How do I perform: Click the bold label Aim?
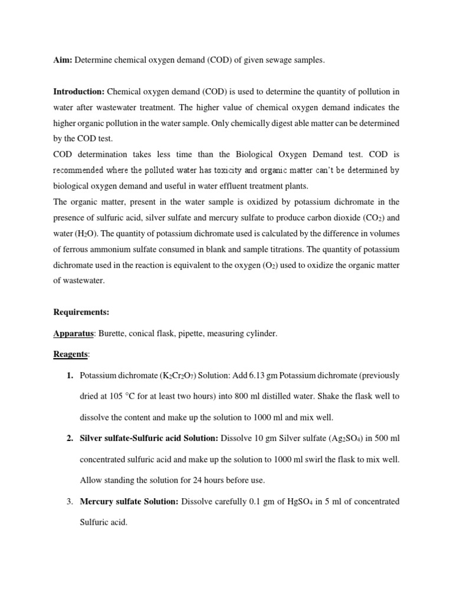(63, 61)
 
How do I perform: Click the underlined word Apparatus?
(74, 334)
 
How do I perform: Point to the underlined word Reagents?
(71, 354)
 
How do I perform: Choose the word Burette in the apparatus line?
(111, 334)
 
